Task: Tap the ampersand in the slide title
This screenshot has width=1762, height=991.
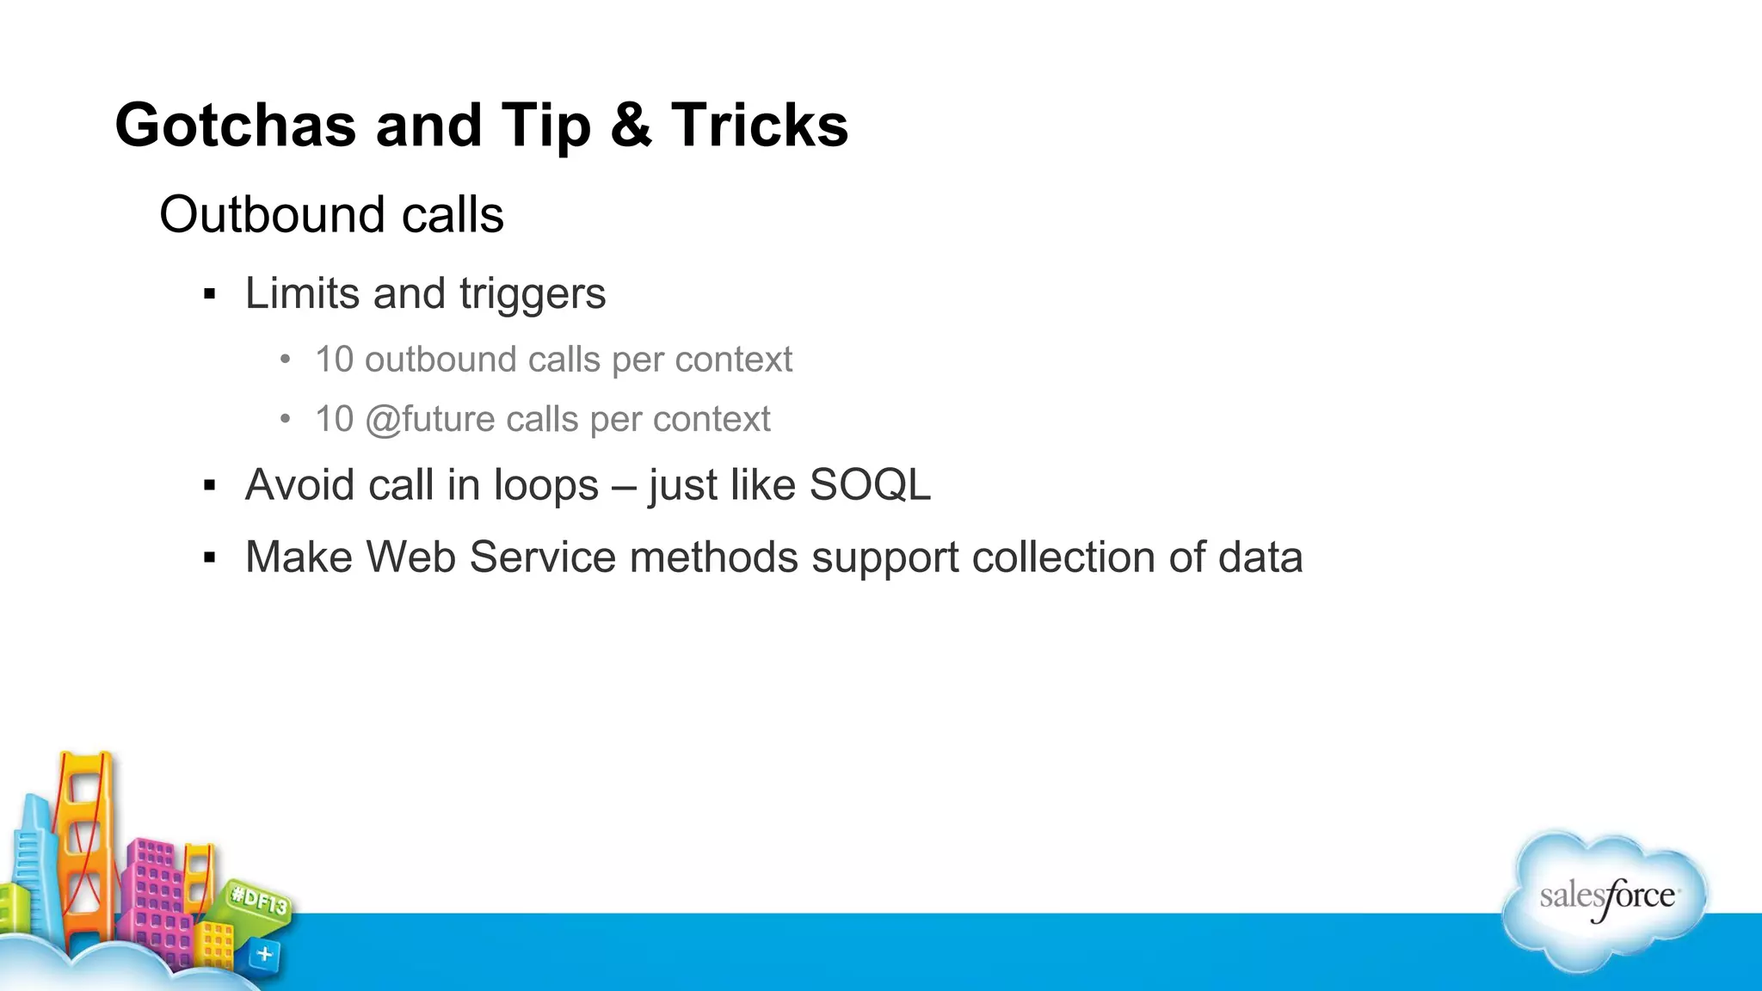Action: tap(631, 126)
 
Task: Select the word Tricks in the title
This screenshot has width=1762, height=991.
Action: tap(759, 126)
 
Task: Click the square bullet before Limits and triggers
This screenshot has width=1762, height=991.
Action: tap(209, 295)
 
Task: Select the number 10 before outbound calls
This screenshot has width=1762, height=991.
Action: tap(334, 360)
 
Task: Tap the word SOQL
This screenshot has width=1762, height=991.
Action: tap(869, 485)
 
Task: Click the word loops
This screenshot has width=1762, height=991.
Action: tap(545, 485)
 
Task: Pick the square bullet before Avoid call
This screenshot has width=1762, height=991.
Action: tap(209, 486)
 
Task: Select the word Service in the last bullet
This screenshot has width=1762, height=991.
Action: tap(542, 557)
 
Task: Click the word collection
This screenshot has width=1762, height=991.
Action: tap(1063, 557)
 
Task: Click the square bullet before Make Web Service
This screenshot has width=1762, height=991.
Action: tap(209, 558)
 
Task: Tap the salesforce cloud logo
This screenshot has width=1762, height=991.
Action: tap(1605, 899)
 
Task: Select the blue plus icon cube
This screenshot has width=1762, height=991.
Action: tap(264, 954)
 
